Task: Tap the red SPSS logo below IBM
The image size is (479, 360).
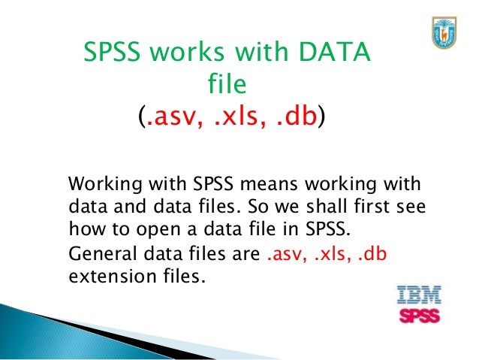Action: [x=419, y=313]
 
